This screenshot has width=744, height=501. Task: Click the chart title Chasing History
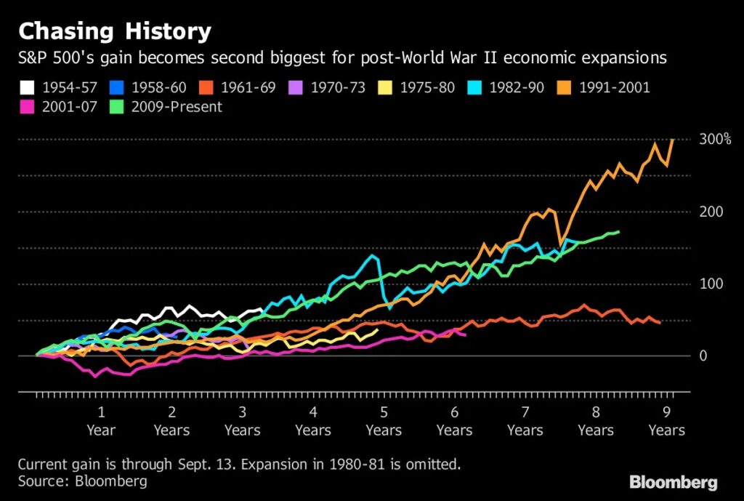coord(115,32)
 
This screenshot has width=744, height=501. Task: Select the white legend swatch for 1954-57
coord(27,88)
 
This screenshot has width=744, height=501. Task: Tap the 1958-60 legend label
coord(158,88)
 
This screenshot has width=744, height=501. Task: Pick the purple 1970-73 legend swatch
coord(297,88)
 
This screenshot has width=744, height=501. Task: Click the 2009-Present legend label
coord(175,107)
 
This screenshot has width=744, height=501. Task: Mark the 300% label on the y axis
coord(716,139)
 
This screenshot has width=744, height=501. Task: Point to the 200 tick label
coord(711,212)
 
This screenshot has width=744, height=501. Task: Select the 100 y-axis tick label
coord(711,284)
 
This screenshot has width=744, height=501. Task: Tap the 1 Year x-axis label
coord(101,422)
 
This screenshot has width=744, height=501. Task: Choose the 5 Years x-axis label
coord(384,422)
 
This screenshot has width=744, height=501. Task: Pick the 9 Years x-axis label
coord(666,422)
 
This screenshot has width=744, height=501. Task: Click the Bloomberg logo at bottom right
coord(673,481)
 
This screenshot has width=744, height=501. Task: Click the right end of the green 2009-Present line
coord(618,232)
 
